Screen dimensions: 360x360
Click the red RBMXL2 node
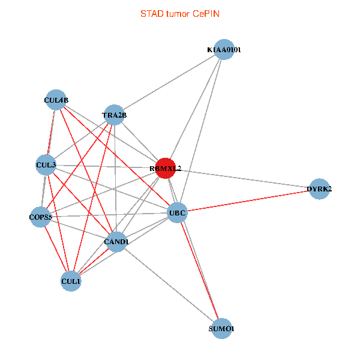(165, 169)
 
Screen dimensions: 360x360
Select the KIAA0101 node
(223, 50)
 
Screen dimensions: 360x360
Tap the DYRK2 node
(319, 189)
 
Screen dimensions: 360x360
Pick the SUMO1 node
(222, 328)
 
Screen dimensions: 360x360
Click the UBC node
(177, 212)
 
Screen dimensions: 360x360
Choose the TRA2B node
(114, 115)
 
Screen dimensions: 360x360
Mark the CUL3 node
(46, 164)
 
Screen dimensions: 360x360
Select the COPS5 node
(41, 217)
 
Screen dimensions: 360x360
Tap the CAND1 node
(116, 241)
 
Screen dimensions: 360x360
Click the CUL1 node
(71, 281)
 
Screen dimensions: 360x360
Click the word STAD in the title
(152, 14)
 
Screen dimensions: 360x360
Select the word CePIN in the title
(206, 14)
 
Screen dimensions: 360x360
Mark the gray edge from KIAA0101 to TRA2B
(169, 83)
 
